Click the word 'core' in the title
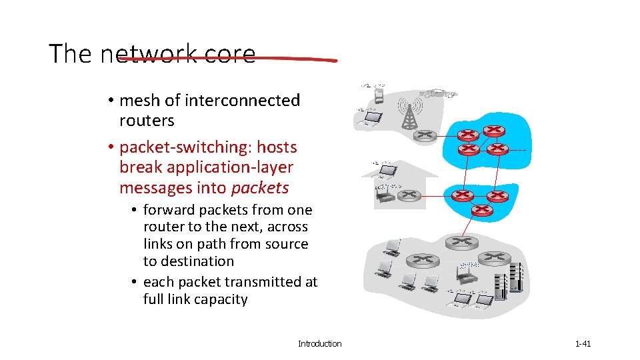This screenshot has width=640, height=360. [230, 54]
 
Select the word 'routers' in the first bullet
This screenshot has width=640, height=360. [147, 121]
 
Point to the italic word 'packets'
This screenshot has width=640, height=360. [260, 188]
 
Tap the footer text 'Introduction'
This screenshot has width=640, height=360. [319, 344]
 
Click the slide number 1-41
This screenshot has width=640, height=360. [583, 344]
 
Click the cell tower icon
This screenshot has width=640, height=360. [409, 115]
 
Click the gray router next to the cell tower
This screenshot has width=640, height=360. [425, 135]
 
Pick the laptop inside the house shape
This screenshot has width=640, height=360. [385, 172]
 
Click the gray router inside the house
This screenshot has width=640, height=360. [409, 196]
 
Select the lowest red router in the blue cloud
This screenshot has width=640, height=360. [482, 211]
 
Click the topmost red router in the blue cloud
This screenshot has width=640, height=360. [494, 131]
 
